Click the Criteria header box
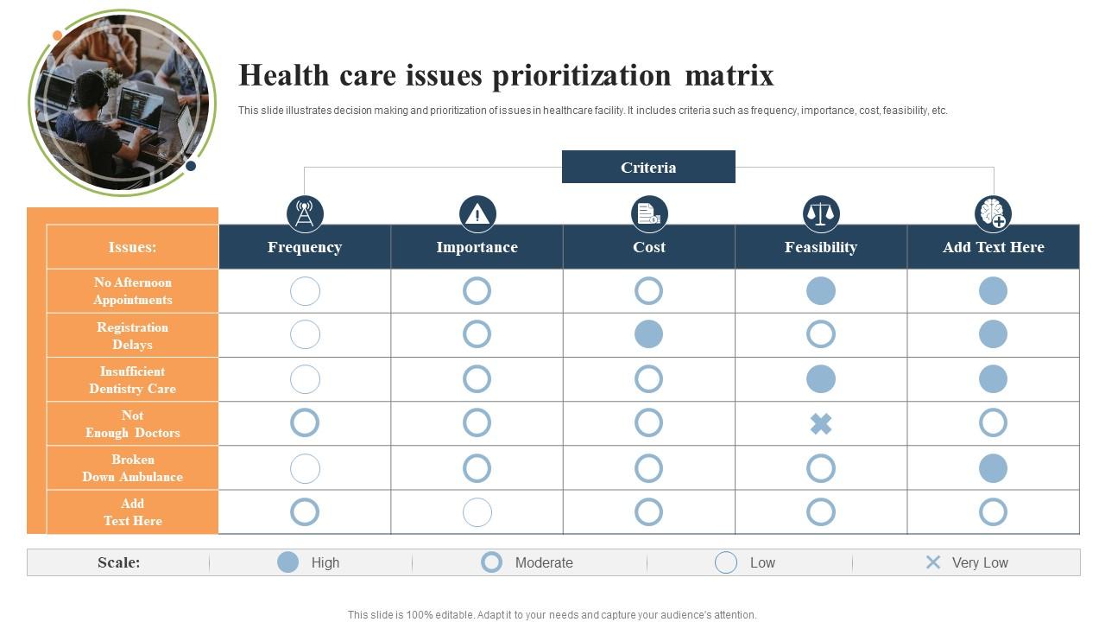coord(648,167)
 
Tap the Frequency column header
coord(305,247)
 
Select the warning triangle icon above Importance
coord(477,213)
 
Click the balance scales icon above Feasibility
coord(821,213)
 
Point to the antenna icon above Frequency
coord(305,213)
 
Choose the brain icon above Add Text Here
coord(993,213)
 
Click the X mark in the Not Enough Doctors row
coord(821,423)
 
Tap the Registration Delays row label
coord(132,335)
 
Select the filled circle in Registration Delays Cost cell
coord(648,334)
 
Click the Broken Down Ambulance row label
coord(132,468)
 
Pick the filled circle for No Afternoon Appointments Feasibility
coord(821,291)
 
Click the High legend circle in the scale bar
coord(287,562)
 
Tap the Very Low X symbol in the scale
coord(933,562)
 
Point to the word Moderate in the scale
coord(544,562)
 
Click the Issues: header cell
coord(132,247)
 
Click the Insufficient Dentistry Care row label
coord(132,380)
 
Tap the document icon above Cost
coord(648,213)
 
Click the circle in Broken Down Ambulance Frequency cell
coord(305,468)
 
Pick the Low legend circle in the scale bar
coord(726,562)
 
